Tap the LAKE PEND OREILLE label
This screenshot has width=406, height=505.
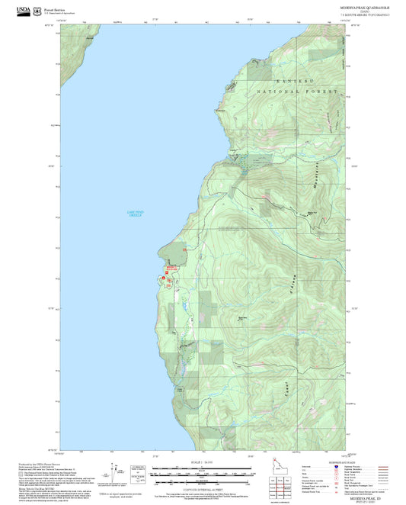(135, 214)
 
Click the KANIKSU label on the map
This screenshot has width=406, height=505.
(291, 80)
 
